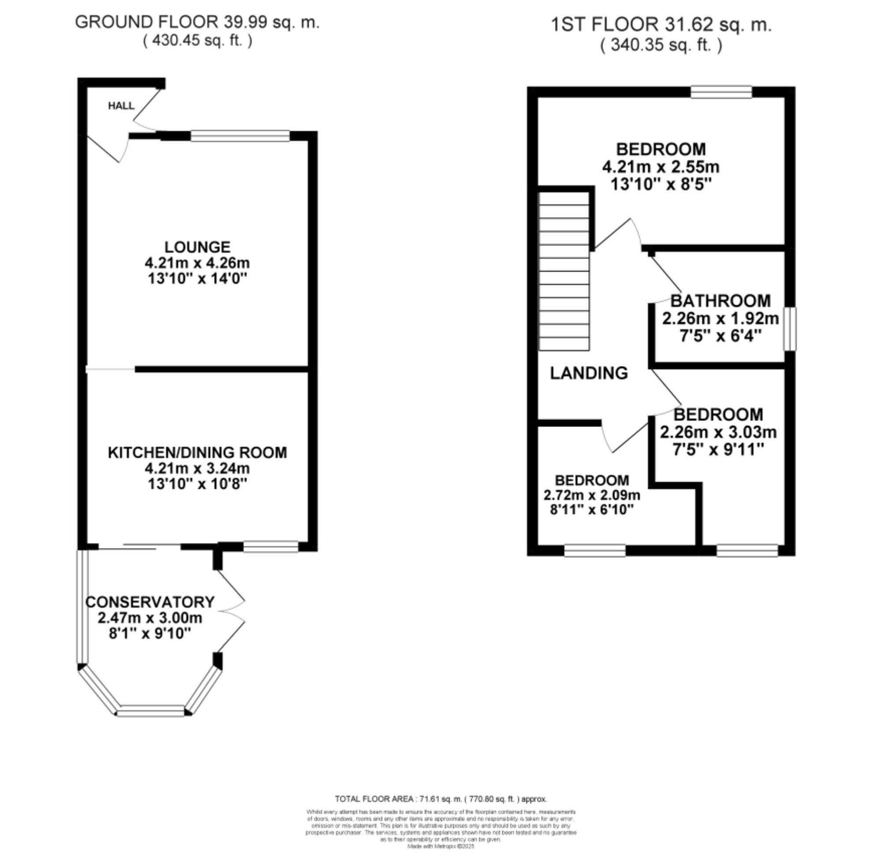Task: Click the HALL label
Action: click(121, 106)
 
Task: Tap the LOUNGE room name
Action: click(197, 247)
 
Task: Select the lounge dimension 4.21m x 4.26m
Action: click(197, 263)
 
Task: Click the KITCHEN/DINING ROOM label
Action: click(197, 452)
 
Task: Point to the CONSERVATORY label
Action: click(150, 602)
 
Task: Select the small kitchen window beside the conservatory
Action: click(270, 547)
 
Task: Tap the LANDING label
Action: click(589, 373)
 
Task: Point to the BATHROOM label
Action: click(720, 301)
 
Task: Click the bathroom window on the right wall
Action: click(790, 329)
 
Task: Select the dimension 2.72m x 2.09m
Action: click(592, 495)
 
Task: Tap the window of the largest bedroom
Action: click(721, 92)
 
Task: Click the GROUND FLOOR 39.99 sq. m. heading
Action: click(197, 22)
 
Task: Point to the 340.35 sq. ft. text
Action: click(661, 45)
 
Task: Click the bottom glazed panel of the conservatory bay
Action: click(152, 711)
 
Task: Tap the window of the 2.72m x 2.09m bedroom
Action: click(595, 550)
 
